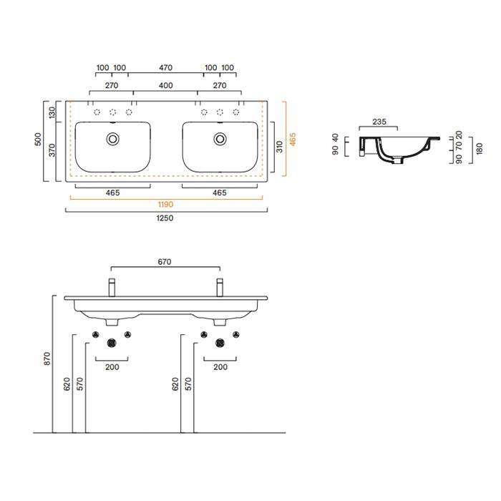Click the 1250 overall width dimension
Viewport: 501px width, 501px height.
(165, 218)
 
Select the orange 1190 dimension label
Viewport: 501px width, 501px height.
(165, 205)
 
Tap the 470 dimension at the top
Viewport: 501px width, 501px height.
(165, 68)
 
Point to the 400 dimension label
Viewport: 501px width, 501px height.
(165, 86)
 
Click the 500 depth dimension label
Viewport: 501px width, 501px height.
(38, 140)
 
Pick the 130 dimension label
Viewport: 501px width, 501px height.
(52, 112)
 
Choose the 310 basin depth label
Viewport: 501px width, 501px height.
(280, 147)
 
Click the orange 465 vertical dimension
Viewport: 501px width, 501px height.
(292, 139)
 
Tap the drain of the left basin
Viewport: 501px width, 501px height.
(112, 139)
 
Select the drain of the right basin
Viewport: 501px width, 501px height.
(220, 139)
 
